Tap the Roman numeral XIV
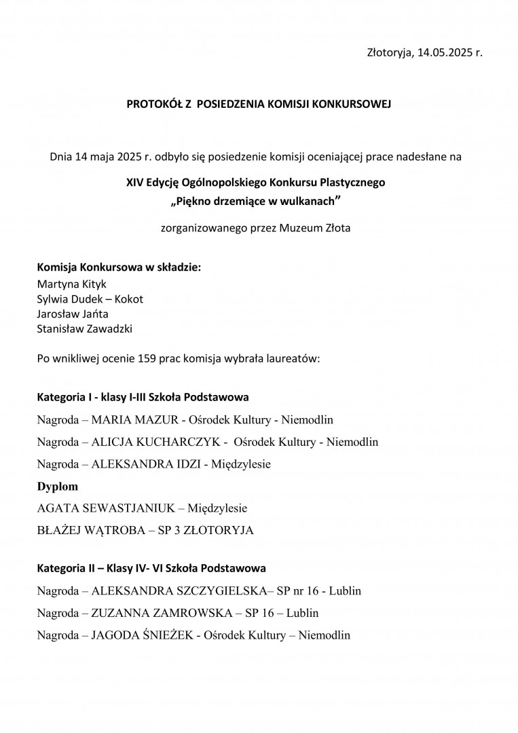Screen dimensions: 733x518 [x=135, y=183]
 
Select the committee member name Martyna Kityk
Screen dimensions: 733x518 [x=72, y=284]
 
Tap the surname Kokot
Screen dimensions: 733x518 [x=128, y=299]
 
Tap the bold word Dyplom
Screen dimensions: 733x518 [x=57, y=486]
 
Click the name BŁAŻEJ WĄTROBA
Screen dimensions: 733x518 [x=92, y=530]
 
